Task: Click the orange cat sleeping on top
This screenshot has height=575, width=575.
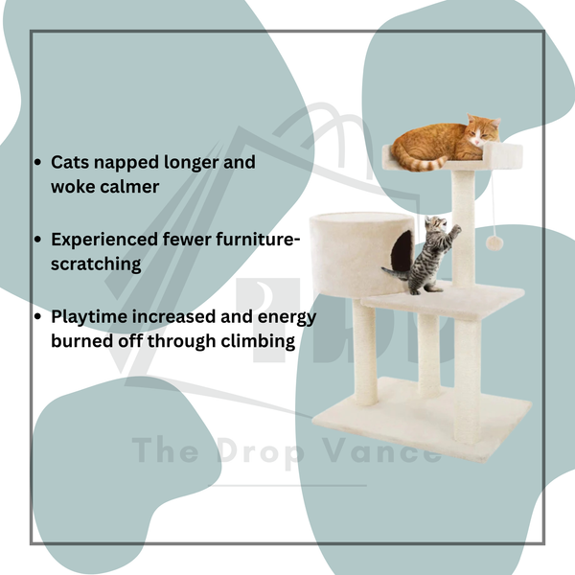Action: (446, 143)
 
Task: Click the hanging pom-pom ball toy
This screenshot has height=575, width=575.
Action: (494, 243)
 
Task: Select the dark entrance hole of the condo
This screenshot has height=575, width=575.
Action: (402, 251)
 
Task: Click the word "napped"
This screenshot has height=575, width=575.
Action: (126, 163)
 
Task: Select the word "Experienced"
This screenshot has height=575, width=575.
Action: (104, 241)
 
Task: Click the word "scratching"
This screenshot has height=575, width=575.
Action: (96, 264)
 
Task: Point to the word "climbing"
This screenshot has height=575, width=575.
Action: (258, 341)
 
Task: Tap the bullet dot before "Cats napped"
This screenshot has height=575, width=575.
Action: (37, 163)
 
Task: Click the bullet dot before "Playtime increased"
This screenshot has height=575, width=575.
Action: (37, 316)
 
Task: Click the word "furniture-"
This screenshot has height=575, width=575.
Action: (256, 240)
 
